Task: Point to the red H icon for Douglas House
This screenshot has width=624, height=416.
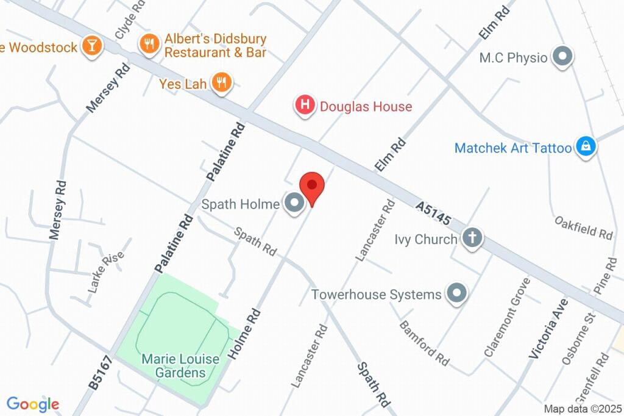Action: click(305, 106)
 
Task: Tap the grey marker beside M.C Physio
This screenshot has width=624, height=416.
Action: click(562, 57)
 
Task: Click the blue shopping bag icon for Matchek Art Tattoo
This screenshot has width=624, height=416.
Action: click(586, 147)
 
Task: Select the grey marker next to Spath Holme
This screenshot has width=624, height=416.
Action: click(295, 204)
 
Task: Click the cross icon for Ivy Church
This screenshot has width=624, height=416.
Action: click(472, 238)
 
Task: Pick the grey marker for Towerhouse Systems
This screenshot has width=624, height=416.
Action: click(456, 294)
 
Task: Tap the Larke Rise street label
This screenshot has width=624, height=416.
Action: click(106, 271)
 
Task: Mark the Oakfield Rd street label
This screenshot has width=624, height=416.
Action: click(583, 227)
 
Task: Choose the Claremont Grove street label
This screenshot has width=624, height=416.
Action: click(508, 317)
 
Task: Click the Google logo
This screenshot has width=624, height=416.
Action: click(33, 404)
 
